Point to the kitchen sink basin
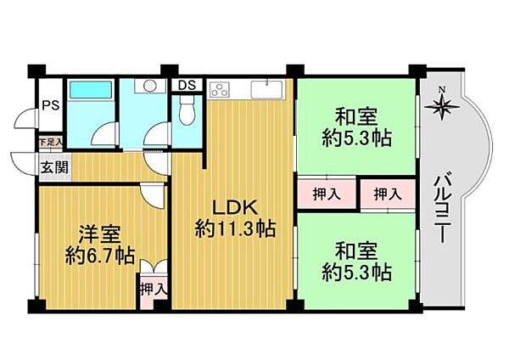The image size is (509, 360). (271, 89)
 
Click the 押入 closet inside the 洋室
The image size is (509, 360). (154, 290)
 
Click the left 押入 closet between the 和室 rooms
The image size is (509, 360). (327, 194)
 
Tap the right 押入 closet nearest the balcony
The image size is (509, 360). (388, 194)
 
